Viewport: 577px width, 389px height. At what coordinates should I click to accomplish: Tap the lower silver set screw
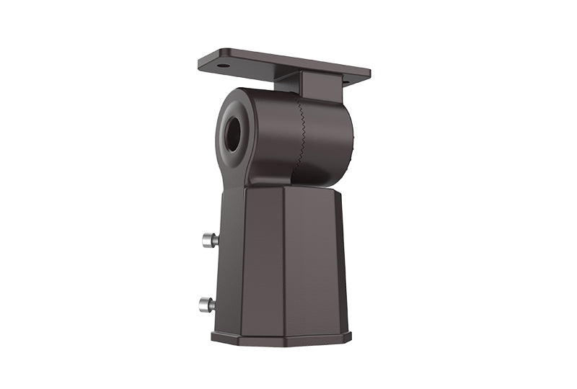pyautogui.click(x=206, y=305)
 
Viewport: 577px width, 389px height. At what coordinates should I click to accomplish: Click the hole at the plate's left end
pyautogui.click(x=224, y=66)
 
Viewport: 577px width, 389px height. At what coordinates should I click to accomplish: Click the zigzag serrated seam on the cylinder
pyautogui.click(x=299, y=137)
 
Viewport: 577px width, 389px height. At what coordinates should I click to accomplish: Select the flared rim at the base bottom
pyautogui.click(x=281, y=337)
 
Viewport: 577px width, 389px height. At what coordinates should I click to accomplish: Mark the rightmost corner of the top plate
pyautogui.click(x=370, y=72)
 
